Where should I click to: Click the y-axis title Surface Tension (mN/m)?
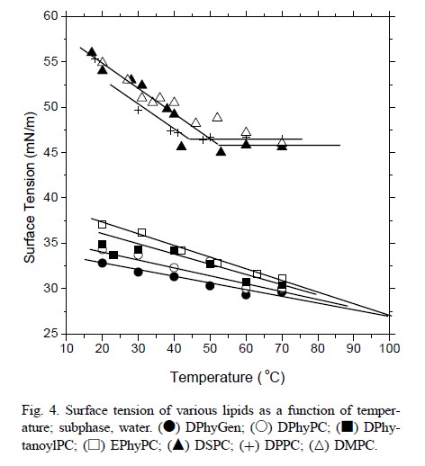tap(30, 188)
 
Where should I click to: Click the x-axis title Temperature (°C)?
tap(228, 377)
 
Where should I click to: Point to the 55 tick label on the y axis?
tap(50, 61)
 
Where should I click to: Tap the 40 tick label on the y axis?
tap(50, 197)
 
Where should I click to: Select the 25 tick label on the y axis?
tap(50, 333)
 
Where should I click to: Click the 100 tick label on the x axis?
tap(389, 348)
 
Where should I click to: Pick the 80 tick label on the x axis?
tap(318, 348)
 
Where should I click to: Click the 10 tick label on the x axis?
tap(67, 348)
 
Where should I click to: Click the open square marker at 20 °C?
tap(102, 224)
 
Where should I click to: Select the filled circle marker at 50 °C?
tap(210, 286)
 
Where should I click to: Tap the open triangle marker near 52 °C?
tap(217, 117)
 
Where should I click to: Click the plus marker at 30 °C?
tap(138, 111)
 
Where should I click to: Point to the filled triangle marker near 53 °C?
tap(221, 151)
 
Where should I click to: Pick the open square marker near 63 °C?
tap(257, 273)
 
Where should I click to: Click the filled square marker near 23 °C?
tap(113, 255)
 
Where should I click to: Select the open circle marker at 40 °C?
tap(174, 267)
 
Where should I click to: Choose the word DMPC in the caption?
tap(355, 445)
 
